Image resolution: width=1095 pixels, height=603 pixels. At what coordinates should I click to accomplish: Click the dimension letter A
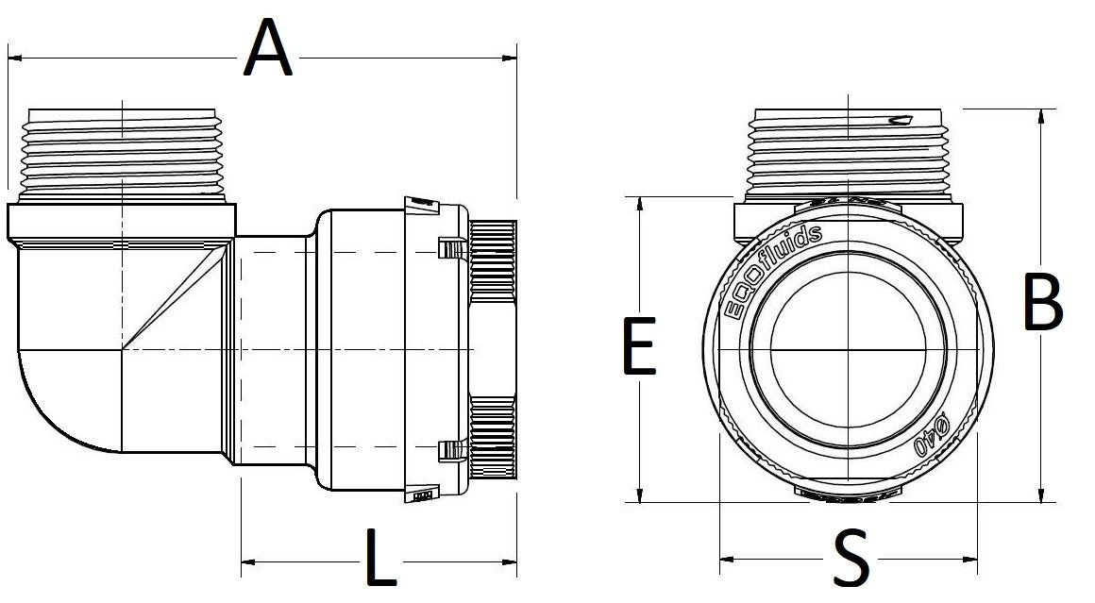(268, 51)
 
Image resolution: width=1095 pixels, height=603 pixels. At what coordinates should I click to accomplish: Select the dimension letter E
(639, 346)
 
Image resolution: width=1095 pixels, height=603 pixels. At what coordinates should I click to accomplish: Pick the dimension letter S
(851, 560)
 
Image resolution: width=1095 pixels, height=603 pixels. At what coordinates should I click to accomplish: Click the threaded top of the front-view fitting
(849, 151)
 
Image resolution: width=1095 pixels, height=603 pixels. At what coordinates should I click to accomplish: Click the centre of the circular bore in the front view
(849, 350)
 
